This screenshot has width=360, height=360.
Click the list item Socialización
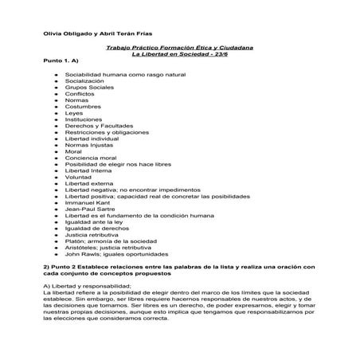point(84,80)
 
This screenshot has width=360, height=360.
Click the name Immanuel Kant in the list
point(87,203)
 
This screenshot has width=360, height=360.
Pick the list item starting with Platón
point(112,243)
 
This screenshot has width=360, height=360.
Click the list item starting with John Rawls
point(117,256)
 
